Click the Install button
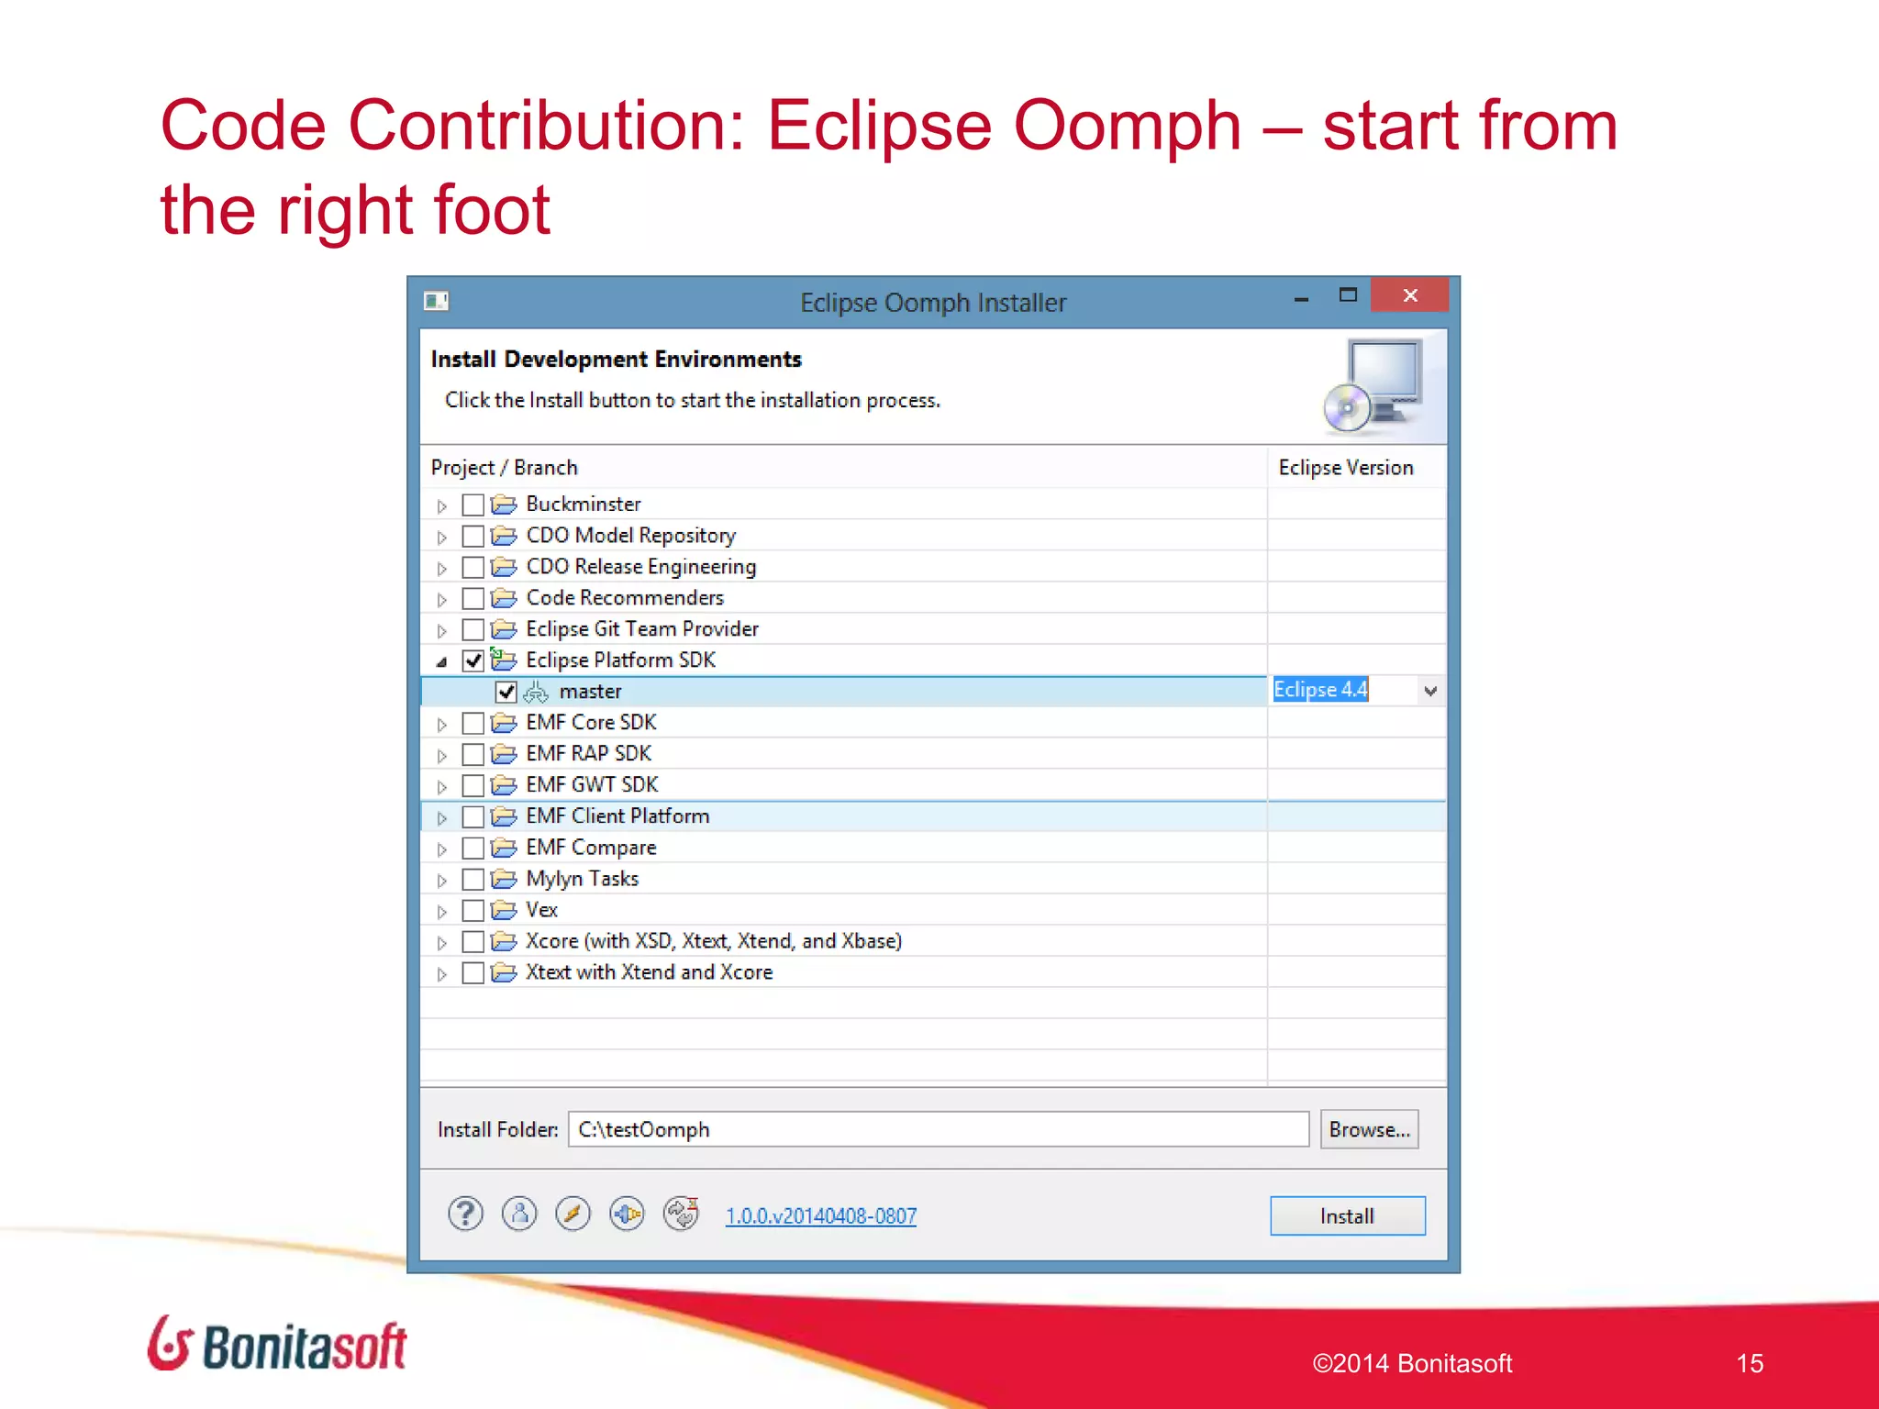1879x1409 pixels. [1347, 1215]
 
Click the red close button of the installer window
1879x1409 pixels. [1409, 295]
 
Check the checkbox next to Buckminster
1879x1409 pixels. [473, 505]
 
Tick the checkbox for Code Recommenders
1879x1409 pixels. [473, 599]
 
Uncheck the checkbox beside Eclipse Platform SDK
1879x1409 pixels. [473, 660]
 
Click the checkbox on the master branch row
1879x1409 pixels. [506, 692]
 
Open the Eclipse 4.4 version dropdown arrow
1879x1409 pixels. [1429, 691]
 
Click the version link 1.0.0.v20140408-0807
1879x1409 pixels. [820, 1215]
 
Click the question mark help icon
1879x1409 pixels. [465, 1214]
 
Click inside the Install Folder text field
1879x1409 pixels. [938, 1129]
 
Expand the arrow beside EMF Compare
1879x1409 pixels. [442, 849]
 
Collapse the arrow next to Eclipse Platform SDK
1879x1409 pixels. [442, 661]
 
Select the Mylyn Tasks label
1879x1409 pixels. [582, 879]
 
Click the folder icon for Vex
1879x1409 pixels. [504, 910]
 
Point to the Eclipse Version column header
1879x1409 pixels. [1345, 468]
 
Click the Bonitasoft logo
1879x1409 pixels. [277, 1345]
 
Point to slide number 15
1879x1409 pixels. [1749, 1363]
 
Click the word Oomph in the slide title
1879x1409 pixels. [1127, 126]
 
